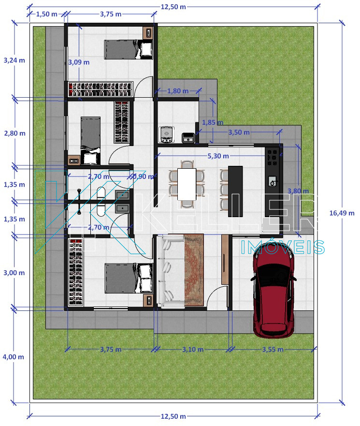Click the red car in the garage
click(x=274, y=294)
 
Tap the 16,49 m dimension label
click(x=342, y=213)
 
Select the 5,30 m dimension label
click(x=218, y=156)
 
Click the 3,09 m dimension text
click(x=79, y=62)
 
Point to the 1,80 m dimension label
click(x=178, y=91)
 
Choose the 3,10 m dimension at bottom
click(x=193, y=350)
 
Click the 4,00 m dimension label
click(x=14, y=357)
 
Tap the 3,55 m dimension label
click(x=273, y=350)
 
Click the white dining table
click(x=187, y=184)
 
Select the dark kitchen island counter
click(x=235, y=191)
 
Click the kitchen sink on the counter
click(x=273, y=181)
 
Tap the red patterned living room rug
click(x=194, y=270)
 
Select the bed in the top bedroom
click(x=128, y=49)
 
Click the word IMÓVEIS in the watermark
click(x=283, y=247)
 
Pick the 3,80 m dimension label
click(x=298, y=191)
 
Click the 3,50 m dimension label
click(x=239, y=132)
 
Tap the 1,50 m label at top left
click(x=47, y=14)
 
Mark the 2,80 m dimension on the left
click(x=14, y=133)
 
